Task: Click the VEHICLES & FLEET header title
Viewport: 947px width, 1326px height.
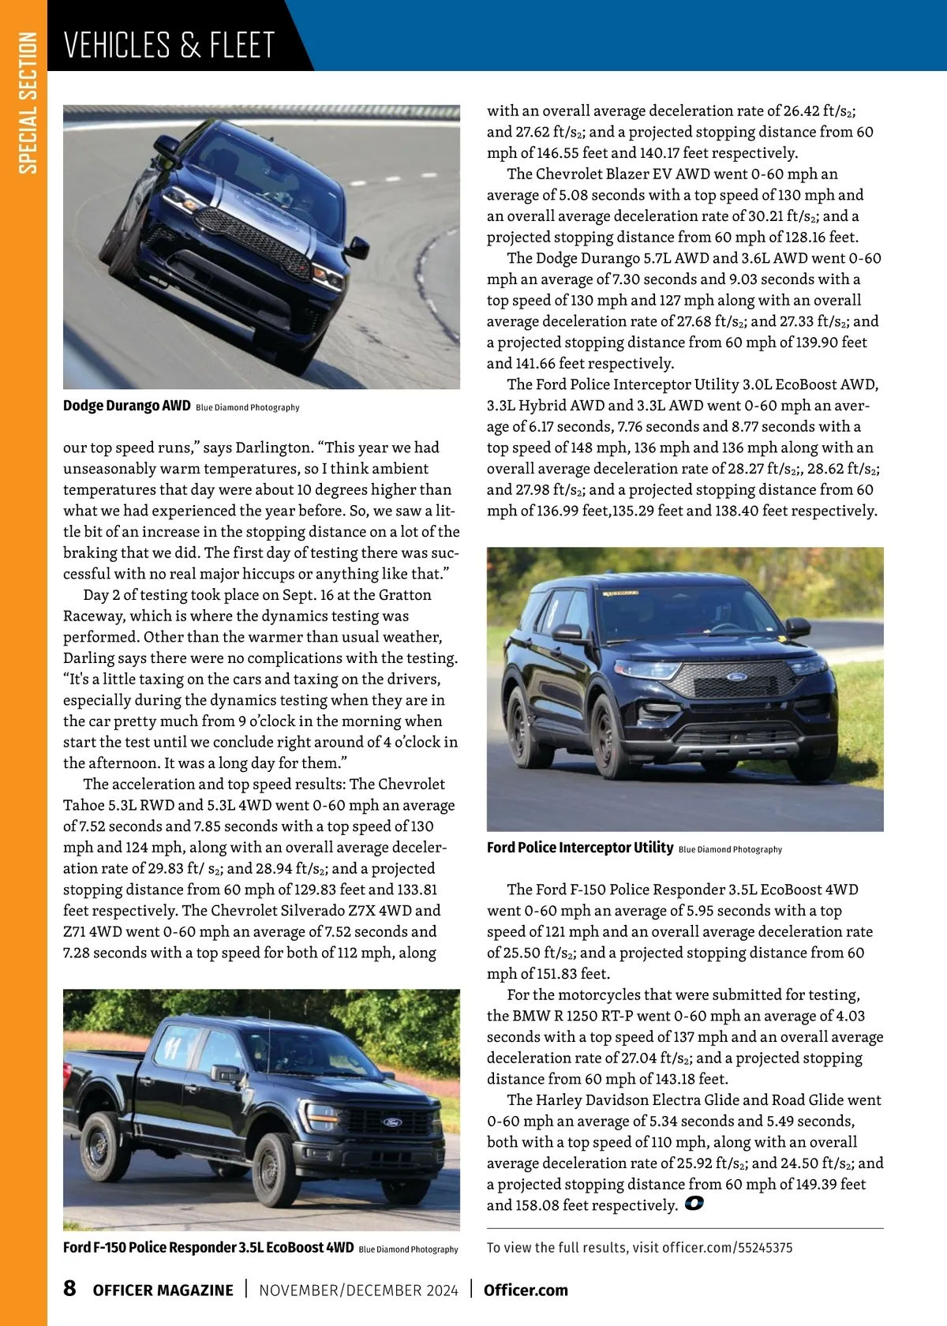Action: point(169,45)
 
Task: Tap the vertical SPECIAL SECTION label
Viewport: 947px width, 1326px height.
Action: point(28,103)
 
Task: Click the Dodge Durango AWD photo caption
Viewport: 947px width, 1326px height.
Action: point(127,406)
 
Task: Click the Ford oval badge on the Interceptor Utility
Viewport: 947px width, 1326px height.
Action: point(736,677)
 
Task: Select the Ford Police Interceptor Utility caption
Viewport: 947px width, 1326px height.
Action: point(580,848)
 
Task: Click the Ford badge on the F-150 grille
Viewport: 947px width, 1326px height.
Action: point(392,1122)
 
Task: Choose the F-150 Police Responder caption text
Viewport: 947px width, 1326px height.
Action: point(208,1247)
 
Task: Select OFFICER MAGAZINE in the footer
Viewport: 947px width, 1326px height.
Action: point(163,1290)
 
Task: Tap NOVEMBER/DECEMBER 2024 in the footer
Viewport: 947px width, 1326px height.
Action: point(358,1290)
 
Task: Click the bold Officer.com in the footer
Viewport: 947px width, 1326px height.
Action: point(526,1290)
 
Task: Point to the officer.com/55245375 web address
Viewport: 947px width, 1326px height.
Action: point(727,1248)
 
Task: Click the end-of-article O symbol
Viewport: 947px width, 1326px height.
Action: point(694,1204)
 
